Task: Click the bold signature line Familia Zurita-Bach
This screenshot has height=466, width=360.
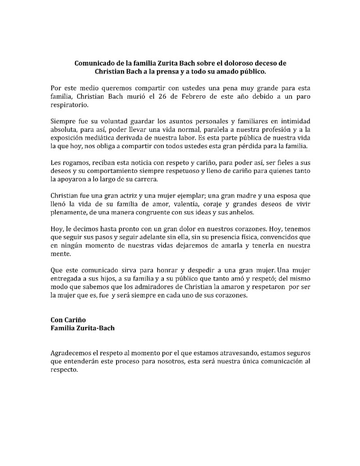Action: (x=82, y=328)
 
